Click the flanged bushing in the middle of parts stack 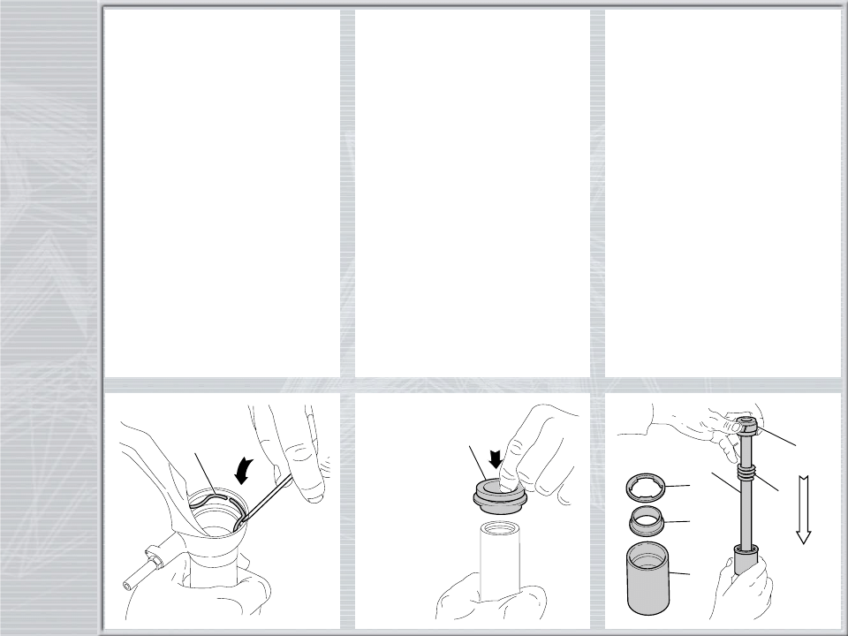[x=649, y=523]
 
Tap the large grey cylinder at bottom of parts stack [x=650, y=581]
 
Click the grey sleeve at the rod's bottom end [x=744, y=561]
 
